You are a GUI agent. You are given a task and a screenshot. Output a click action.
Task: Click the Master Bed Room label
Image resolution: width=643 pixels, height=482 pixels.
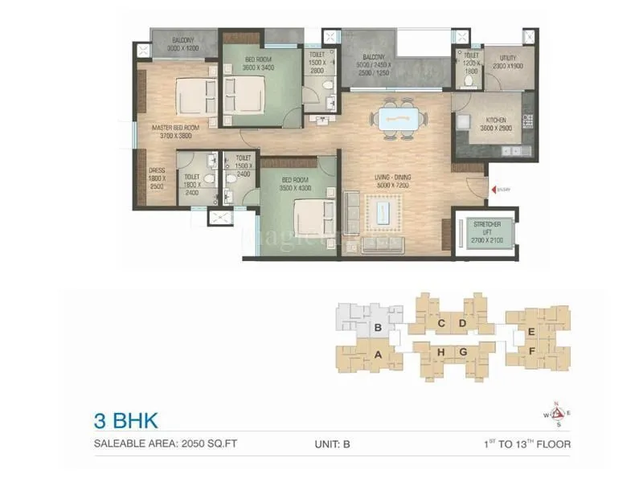(x=174, y=132)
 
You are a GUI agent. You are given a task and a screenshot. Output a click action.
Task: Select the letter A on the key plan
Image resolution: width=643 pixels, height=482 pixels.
(x=377, y=352)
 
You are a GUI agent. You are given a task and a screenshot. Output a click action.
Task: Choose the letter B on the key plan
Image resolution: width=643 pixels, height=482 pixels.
(x=377, y=328)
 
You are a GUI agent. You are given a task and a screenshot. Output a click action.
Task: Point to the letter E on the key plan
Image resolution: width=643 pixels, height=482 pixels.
(x=531, y=331)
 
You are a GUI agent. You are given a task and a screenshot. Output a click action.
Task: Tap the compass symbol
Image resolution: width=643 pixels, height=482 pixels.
(x=557, y=412)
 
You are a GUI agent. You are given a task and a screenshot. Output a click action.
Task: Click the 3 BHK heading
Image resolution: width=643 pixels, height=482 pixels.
(x=123, y=420)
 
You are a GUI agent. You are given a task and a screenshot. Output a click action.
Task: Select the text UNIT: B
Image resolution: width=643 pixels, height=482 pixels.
(x=333, y=443)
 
